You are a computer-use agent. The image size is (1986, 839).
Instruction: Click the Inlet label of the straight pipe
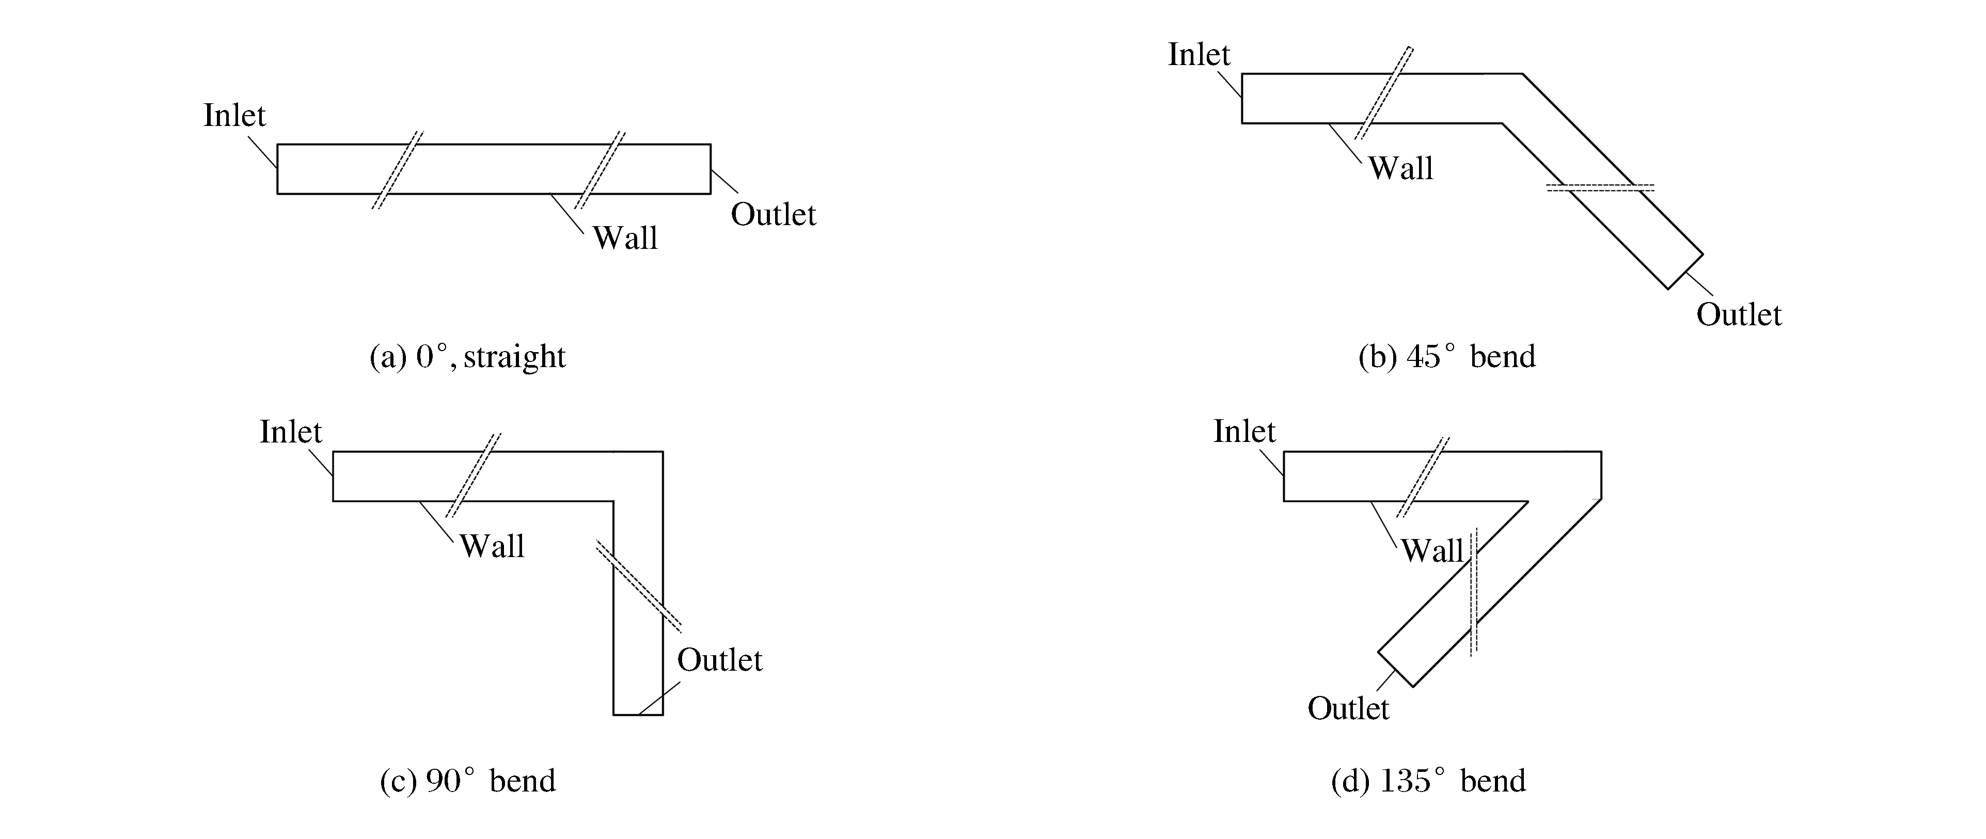(x=234, y=116)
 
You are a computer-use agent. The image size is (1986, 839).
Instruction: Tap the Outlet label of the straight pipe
(x=773, y=214)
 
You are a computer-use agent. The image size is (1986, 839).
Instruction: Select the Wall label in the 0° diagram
(x=624, y=239)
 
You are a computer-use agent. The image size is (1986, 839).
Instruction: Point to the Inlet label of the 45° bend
(x=1199, y=55)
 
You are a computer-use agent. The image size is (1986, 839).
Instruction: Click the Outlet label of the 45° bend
(x=1739, y=314)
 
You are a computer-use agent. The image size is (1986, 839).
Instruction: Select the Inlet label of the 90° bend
(x=291, y=432)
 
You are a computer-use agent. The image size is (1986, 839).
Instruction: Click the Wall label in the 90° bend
(x=492, y=547)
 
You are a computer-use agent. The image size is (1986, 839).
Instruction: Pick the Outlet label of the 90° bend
(x=719, y=660)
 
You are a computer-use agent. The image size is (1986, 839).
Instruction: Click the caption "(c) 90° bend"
(x=468, y=781)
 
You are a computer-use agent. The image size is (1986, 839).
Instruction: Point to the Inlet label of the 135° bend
(x=1244, y=431)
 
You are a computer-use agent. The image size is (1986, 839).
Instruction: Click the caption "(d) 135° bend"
(x=1428, y=781)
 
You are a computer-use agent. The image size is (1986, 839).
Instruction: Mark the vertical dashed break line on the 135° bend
(x=1473, y=592)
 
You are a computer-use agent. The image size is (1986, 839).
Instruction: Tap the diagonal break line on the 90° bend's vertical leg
(x=638, y=585)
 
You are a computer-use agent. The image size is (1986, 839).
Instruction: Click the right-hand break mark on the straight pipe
(x=600, y=170)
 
